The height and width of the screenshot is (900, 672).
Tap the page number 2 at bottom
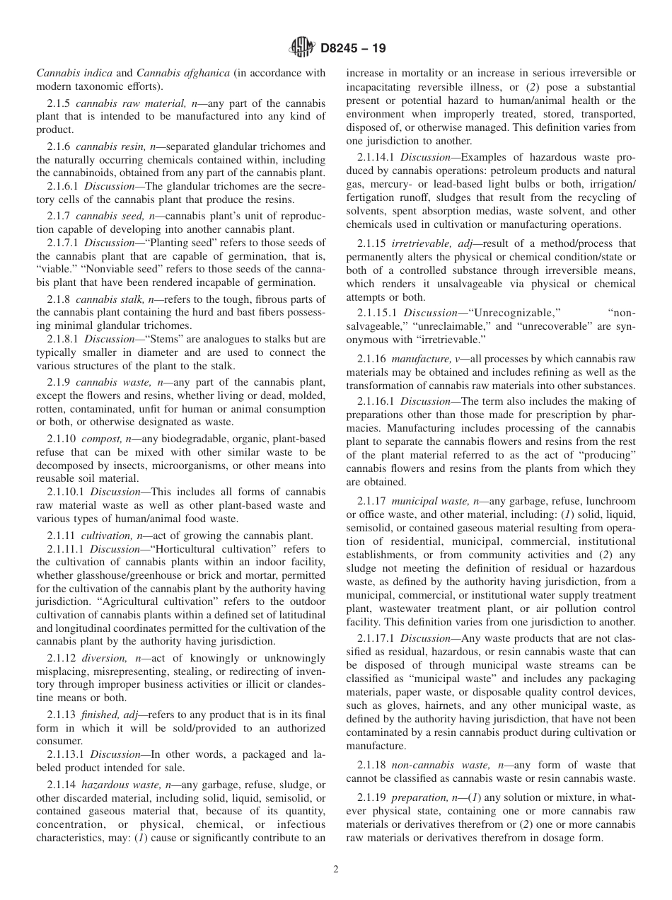[336, 870]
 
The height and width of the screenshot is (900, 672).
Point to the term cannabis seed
[107, 215]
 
